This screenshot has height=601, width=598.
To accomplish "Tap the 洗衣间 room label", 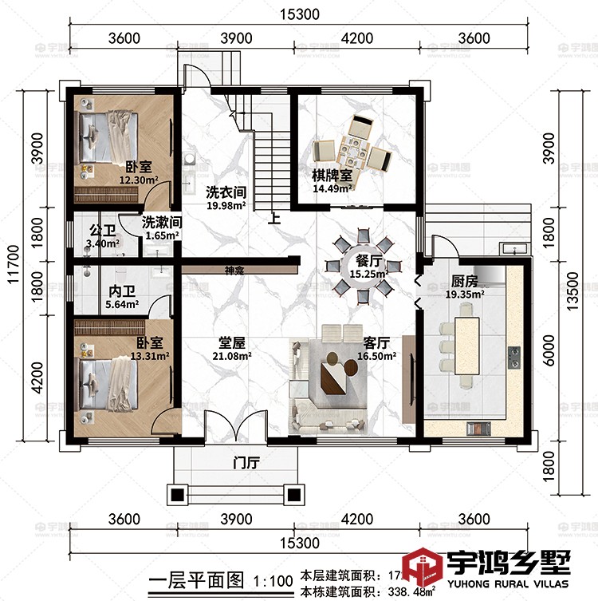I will click(225, 192).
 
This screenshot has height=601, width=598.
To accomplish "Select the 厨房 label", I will click(464, 281).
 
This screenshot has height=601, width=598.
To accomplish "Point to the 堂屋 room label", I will click(231, 342).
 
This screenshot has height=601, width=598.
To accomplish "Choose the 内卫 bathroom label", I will click(120, 291).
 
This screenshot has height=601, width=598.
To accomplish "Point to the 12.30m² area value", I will click(138, 181).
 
